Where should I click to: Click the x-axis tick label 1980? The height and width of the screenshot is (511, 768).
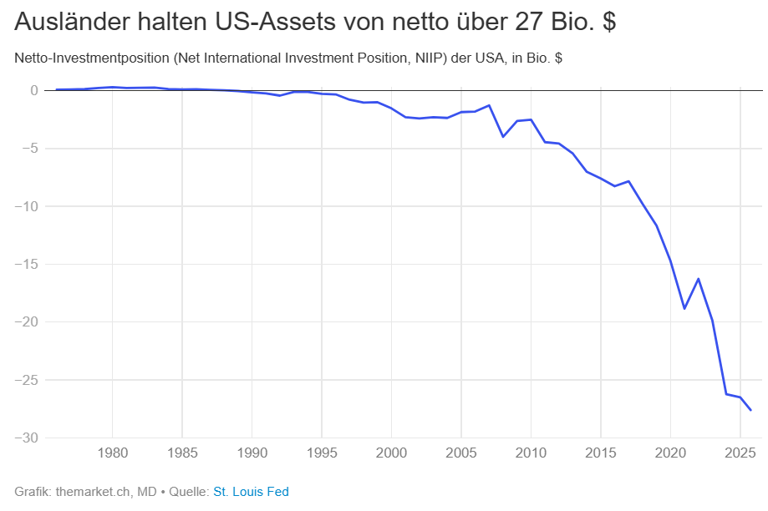coord(112,453)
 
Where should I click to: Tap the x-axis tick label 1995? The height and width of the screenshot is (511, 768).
coord(321,453)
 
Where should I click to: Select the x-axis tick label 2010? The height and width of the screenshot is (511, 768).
coord(531,453)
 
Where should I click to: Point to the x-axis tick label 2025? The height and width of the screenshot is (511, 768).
coord(740,453)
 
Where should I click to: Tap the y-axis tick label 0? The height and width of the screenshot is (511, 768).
coord(34,90)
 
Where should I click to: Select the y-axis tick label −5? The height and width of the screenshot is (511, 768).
coord(29,149)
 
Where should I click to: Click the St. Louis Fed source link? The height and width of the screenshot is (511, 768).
coord(251,492)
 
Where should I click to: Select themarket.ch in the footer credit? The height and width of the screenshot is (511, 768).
coord(89,492)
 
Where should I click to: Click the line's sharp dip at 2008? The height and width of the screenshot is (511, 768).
coord(503,136)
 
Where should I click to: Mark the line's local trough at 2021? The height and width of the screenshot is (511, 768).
coord(684,308)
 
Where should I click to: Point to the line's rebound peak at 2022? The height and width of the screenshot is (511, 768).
coord(698,279)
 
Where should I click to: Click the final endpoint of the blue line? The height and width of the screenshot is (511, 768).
coord(750,410)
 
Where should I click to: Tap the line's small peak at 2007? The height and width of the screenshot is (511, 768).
coord(489,105)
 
